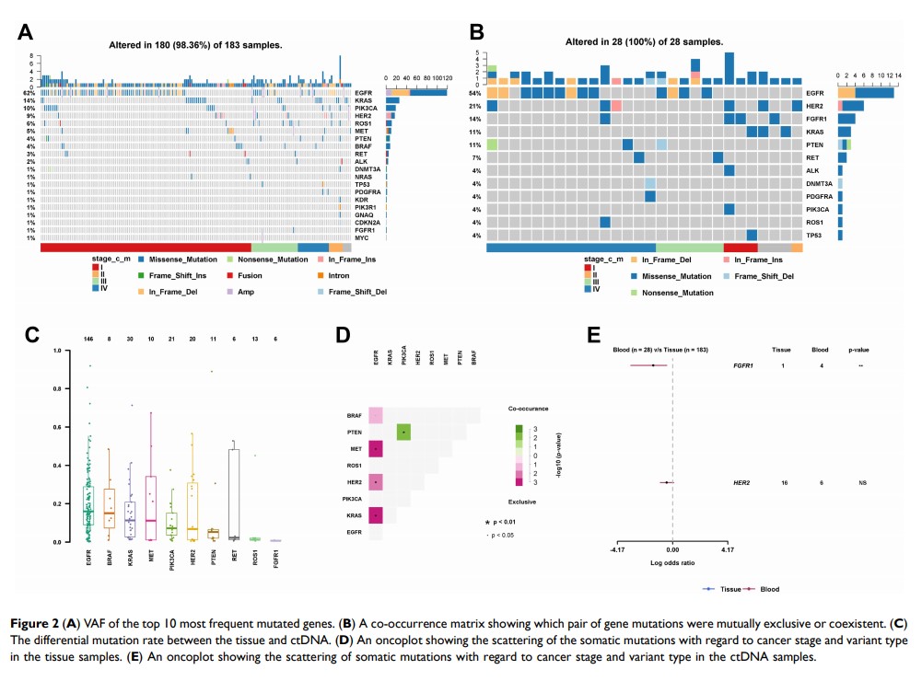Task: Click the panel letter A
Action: pos(27,34)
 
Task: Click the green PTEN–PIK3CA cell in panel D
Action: pos(403,433)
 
